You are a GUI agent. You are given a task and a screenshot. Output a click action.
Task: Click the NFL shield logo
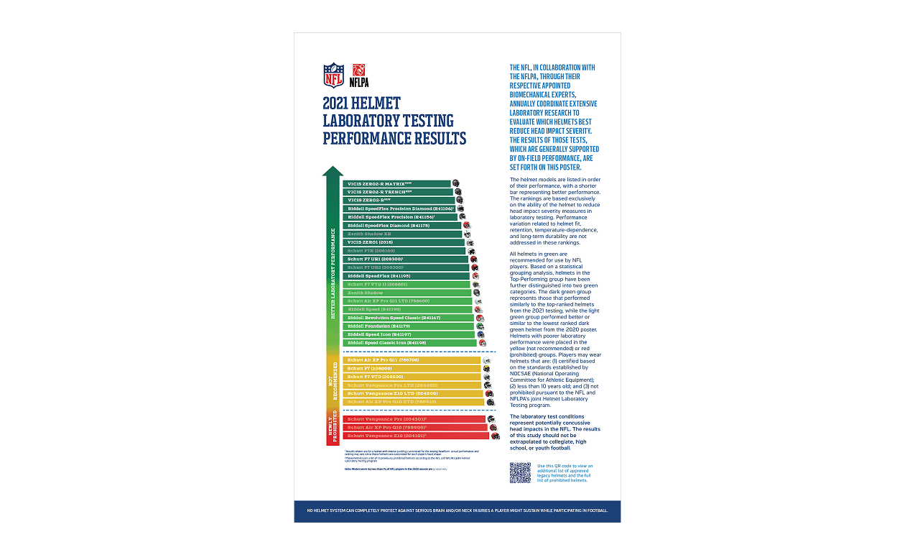click(x=333, y=75)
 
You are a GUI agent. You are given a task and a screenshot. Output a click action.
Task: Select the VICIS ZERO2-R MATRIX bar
click(x=397, y=184)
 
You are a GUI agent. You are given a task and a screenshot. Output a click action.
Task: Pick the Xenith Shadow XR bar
click(x=403, y=234)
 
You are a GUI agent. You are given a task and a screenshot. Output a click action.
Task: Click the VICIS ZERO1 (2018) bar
click(x=404, y=242)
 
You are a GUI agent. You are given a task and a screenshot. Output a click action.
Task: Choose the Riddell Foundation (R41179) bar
click(x=409, y=326)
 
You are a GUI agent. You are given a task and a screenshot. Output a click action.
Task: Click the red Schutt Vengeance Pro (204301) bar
click(x=415, y=419)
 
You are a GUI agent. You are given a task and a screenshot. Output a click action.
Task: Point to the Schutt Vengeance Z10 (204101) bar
click(x=417, y=436)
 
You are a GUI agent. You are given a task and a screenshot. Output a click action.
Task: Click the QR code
click(x=520, y=472)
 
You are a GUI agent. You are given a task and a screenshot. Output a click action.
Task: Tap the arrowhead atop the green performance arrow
click(x=333, y=171)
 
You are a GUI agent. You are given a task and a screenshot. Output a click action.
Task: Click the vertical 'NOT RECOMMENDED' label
click(x=333, y=382)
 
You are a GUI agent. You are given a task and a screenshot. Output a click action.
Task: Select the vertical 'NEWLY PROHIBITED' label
click(x=333, y=428)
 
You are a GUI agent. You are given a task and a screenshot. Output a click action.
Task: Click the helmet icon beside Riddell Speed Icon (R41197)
click(x=480, y=334)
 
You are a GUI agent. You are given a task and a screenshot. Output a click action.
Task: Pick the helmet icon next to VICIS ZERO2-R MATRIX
click(x=455, y=184)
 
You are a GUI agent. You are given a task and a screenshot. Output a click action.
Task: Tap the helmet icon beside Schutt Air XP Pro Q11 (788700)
click(x=486, y=360)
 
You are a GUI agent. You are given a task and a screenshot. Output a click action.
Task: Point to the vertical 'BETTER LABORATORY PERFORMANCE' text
click(x=333, y=273)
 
